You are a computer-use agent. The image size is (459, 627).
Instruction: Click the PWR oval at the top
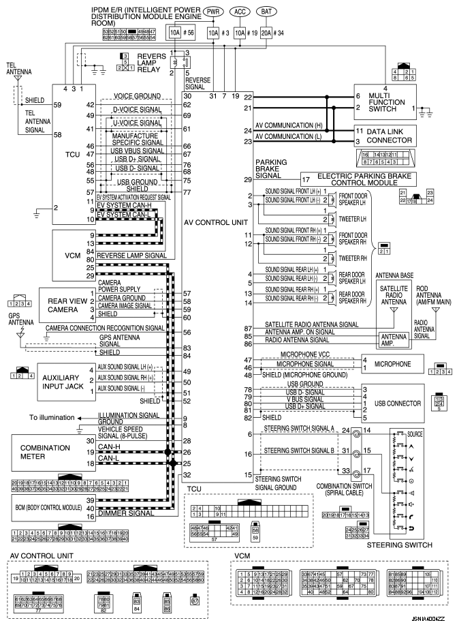pos(213,12)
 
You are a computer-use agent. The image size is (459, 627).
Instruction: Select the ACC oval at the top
pos(239,12)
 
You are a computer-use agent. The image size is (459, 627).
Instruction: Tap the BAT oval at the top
pos(266,12)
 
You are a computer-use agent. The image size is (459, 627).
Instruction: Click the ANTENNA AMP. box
pos(393,339)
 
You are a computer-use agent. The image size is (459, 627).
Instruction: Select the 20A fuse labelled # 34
pos(266,33)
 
